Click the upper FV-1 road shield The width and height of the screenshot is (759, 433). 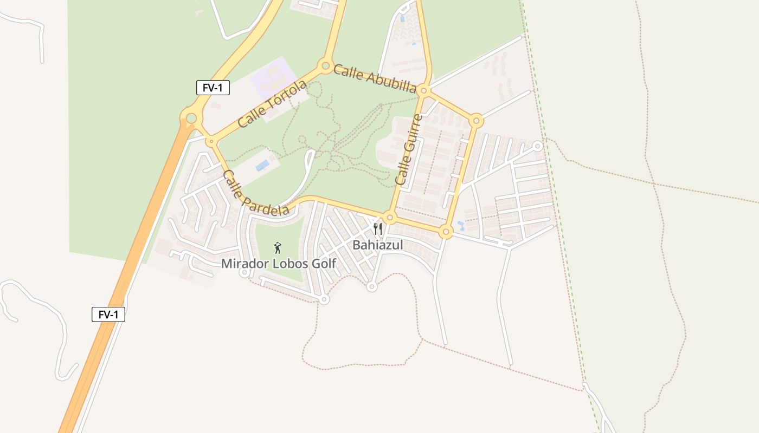pyautogui.click(x=213, y=88)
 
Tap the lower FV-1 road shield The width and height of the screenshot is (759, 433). pyautogui.click(x=108, y=314)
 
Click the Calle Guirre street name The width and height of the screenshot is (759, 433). pyautogui.click(x=409, y=150)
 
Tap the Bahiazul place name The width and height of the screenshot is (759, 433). pyautogui.click(x=378, y=245)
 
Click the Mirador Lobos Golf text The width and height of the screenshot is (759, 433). pyautogui.click(x=279, y=264)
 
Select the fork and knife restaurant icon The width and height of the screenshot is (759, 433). pyautogui.click(x=378, y=229)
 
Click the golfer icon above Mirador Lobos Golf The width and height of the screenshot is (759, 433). pyautogui.click(x=278, y=248)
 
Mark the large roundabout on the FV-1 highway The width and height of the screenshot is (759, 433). pyautogui.click(x=191, y=118)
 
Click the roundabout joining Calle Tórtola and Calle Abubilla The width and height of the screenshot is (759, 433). pyautogui.click(x=325, y=66)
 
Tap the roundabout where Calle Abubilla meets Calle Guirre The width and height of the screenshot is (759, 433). pyautogui.click(x=424, y=90)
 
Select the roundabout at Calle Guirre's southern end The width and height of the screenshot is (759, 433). pyautogui.click(x=390, y=218)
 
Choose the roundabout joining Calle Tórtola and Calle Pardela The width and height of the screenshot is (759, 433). pyautogui.click(x=211, y=141)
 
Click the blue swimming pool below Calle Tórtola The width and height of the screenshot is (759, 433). pyautogui.click(x=262, y=165)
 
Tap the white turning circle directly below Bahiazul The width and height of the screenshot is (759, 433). pyautogui.click(x=371, y=286)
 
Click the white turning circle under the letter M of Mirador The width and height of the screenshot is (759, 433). pyautogui.click(x=245, y=273)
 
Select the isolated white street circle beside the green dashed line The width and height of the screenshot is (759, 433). pyautogui.click(x=537, y=146)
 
